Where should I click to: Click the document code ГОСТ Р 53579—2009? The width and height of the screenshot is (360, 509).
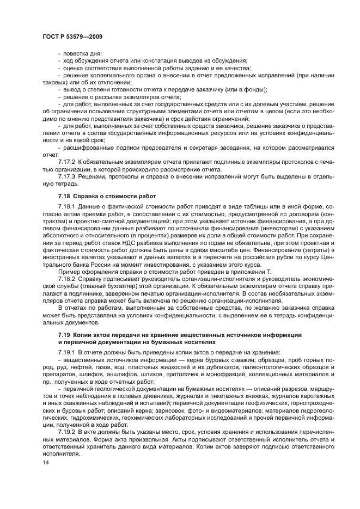[72, 36]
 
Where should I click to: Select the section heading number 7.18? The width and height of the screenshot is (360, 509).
[65, 196]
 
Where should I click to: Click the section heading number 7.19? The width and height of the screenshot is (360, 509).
[65, 334]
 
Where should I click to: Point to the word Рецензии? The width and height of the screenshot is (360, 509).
[97, 176]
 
